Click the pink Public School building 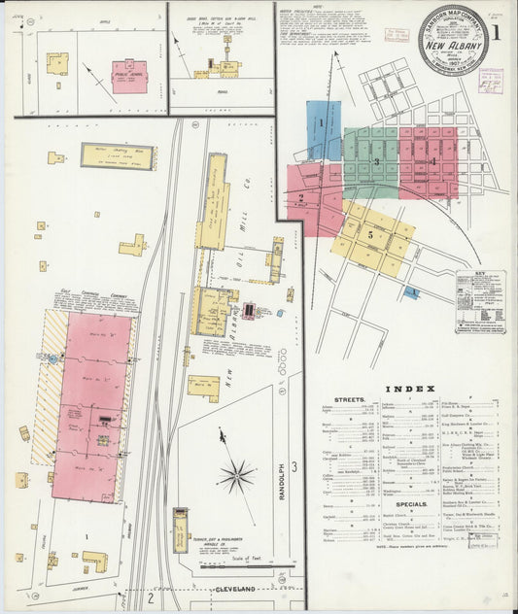tap(129, 77)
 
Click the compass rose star tap(236, 475)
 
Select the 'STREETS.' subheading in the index tap(350, 399)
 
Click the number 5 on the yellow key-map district tap(370, 235)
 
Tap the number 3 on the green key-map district tap(375, 161)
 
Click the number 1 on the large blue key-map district tap(320, 123)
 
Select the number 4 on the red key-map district tap(432, 161)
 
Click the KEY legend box tap(480, 301)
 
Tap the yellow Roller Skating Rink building tap(118, 156)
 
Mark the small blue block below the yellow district tap(413, 291)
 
